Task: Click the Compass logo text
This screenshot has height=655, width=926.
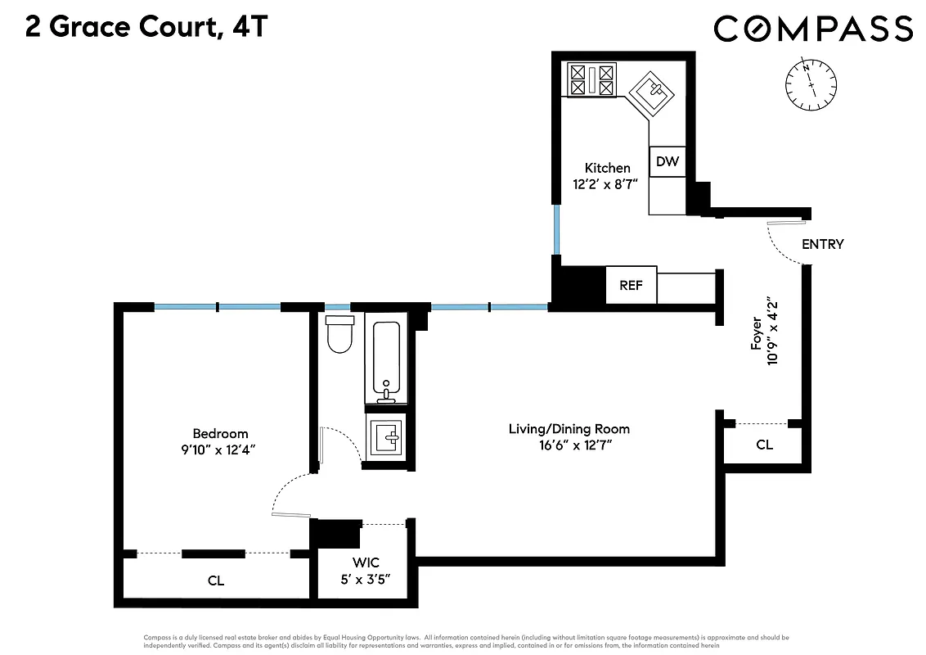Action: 813,29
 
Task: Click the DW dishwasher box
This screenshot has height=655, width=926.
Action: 668,161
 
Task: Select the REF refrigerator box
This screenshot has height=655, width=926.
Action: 631,285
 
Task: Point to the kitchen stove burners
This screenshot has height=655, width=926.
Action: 591,80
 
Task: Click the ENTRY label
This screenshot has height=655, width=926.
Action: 822,244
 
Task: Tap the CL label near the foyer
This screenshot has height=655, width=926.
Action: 764,445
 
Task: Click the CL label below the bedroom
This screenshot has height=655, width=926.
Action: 215,580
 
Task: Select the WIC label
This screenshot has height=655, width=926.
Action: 366,562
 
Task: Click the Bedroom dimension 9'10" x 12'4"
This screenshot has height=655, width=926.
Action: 220,449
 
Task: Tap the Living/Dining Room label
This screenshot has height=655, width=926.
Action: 569,429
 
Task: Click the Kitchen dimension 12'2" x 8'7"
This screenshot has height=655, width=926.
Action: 606,184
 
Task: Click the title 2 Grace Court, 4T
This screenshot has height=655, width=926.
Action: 146,27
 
